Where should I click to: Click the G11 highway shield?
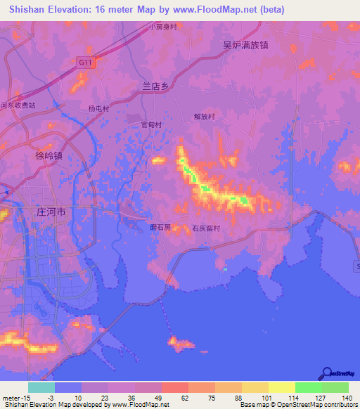tap(86, 63)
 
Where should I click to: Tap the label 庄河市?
tap(51, 211)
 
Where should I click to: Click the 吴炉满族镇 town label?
tap(246, 44)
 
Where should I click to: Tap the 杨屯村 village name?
tap(98, 109)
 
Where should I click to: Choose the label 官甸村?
tap(151, 124)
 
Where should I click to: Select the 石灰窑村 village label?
tap(206, 228)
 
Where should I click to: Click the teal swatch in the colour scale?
tap(41, 387)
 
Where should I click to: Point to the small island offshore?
tap(181, 343)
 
